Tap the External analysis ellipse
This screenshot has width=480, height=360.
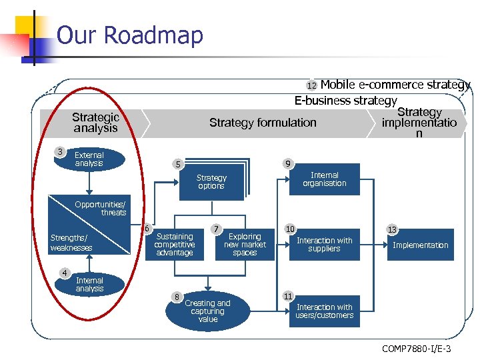89,159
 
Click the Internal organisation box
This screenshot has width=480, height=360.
324,179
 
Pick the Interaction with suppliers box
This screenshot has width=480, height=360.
324,245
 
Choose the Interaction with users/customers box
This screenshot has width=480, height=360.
324,311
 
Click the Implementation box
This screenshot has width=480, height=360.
420,245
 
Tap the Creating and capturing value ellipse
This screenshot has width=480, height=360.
207,311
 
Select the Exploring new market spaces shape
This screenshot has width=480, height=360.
245,245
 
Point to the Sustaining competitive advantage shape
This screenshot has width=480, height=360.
174,245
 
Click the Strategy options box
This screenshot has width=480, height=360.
211,182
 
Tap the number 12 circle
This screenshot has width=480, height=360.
311,86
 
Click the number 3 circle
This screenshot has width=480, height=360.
61,152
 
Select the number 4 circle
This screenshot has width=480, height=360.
65,272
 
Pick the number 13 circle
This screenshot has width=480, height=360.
392,230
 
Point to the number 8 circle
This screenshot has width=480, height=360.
176,296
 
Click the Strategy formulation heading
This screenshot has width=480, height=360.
263,123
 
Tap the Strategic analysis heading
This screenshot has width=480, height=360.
95,123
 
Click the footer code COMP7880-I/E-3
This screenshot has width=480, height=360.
417,349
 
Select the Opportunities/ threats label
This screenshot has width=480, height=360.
101,208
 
